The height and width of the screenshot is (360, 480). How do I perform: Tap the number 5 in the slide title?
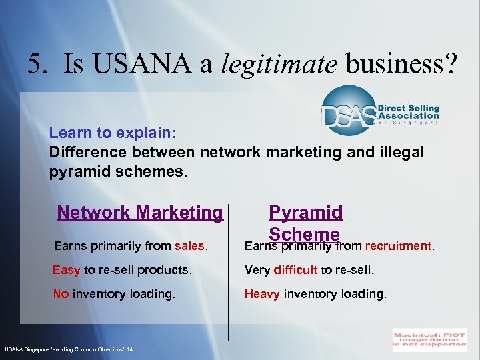click(35, 64)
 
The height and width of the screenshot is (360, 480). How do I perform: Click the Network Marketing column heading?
click(140, 213)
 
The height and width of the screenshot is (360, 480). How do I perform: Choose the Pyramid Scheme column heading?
click(305, 222)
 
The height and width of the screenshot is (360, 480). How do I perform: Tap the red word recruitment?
click(399, 246)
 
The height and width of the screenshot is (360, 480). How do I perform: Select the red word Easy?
click(67, 270)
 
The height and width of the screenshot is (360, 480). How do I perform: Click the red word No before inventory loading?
click(61, 293)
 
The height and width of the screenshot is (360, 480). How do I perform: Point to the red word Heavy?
click(262, 293)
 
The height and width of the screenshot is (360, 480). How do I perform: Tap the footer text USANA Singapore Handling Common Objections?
click(69, 349)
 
